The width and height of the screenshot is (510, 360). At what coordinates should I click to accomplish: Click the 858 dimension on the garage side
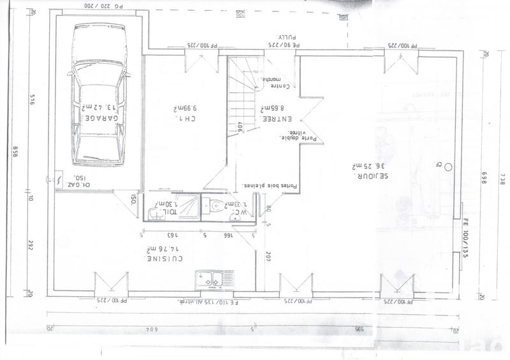[x=15, y=153]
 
